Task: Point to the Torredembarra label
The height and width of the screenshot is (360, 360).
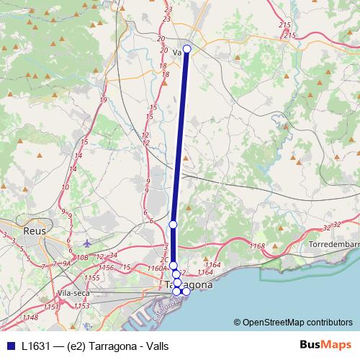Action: pyautogui.click(x=333, y=244)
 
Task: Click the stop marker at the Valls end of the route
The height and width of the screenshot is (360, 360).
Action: pyautogui.click(x=187, y=49)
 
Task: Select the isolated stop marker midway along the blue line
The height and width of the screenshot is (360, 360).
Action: pyautogui.click(x=173, y=225)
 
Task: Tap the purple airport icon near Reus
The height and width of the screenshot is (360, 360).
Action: pyautogui.click(x=88, y=243)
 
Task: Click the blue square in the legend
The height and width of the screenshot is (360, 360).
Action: pyautogui.click(x=10, y=345)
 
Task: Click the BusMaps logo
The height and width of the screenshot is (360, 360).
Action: pyautogui.click(x=329, y=345)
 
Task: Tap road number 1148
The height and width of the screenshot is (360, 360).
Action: pyautogui.click(x=30, y=318)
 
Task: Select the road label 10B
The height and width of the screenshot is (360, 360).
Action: pyautogui.click(x=81, y=257)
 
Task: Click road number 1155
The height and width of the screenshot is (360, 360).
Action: pyautogui.click(x=91, y=277)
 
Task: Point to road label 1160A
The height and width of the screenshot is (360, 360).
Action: pyautogui.click(x=158, y=269)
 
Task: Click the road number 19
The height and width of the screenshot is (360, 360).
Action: pyautogui.click(x=104, y=99)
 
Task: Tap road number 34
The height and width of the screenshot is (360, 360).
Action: pyautogui.click(x=113, y=256)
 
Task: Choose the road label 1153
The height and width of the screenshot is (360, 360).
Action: pyautogui.click(x=81, y=306)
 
